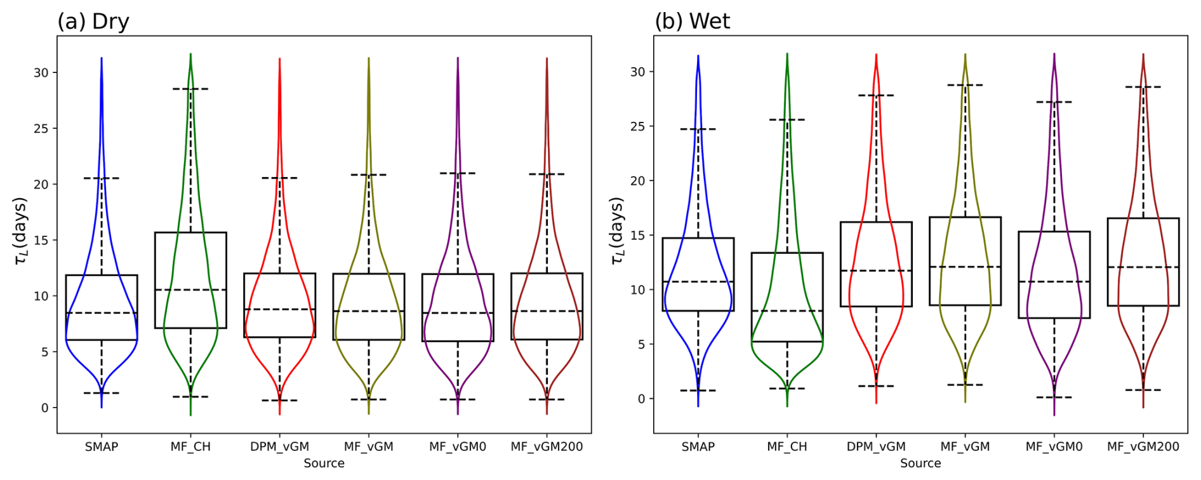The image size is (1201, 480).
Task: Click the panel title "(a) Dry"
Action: [93, 22]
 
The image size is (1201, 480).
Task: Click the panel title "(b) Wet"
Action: [692, 22]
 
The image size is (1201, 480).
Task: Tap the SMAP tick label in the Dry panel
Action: [102, 446]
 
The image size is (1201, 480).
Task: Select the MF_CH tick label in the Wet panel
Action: [787, 446]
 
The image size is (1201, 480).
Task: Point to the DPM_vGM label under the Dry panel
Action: [279, 446]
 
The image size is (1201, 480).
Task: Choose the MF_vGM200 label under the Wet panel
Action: [1143, 446]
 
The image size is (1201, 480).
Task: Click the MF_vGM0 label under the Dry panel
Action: [458, 446]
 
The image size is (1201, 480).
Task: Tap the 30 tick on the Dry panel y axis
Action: [41, 72]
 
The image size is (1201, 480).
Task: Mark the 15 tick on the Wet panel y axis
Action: [637, 236]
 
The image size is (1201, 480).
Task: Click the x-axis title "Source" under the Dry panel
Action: [324, 463]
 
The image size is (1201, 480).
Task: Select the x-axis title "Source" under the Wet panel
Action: [920, 463]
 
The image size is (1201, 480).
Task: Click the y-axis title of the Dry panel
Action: [20, 230]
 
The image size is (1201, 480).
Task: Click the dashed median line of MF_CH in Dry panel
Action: [190, 290]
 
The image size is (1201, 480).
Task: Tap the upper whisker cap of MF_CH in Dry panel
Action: [190, 89]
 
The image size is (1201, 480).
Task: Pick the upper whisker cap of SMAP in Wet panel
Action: [698, 130]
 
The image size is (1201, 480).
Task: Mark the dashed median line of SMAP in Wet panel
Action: [698, 281]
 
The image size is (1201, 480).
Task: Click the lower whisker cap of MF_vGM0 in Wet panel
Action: [1054, 397]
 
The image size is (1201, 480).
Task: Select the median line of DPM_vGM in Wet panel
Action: [876, 271]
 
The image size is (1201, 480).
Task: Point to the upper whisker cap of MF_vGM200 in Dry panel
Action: [547, 174]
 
